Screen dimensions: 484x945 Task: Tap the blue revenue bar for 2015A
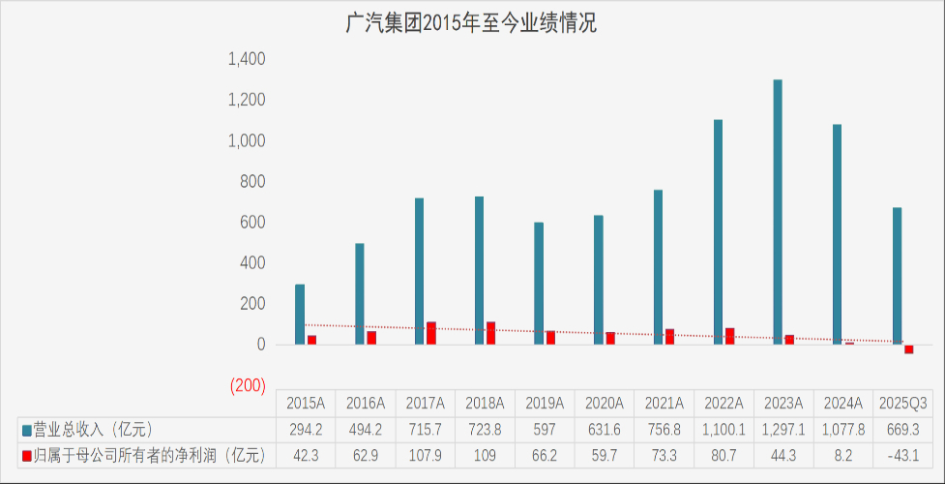(300, 315)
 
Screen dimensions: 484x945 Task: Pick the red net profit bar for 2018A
(490, 333)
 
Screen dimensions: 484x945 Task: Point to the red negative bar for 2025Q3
(909, 349)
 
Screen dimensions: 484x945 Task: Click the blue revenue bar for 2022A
(718, 232)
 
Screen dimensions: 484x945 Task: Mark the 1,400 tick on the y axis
(246, 60)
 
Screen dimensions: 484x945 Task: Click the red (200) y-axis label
(248, 386)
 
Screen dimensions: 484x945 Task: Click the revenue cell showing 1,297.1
(783, 429)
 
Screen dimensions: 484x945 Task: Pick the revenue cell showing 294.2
(306, 429)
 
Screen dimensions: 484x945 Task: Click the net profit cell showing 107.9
(426, 454)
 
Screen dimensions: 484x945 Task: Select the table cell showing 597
(545, 429)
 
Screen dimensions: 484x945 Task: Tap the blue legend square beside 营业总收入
(26, 429)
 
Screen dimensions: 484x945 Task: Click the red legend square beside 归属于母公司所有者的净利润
(26, 454)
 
